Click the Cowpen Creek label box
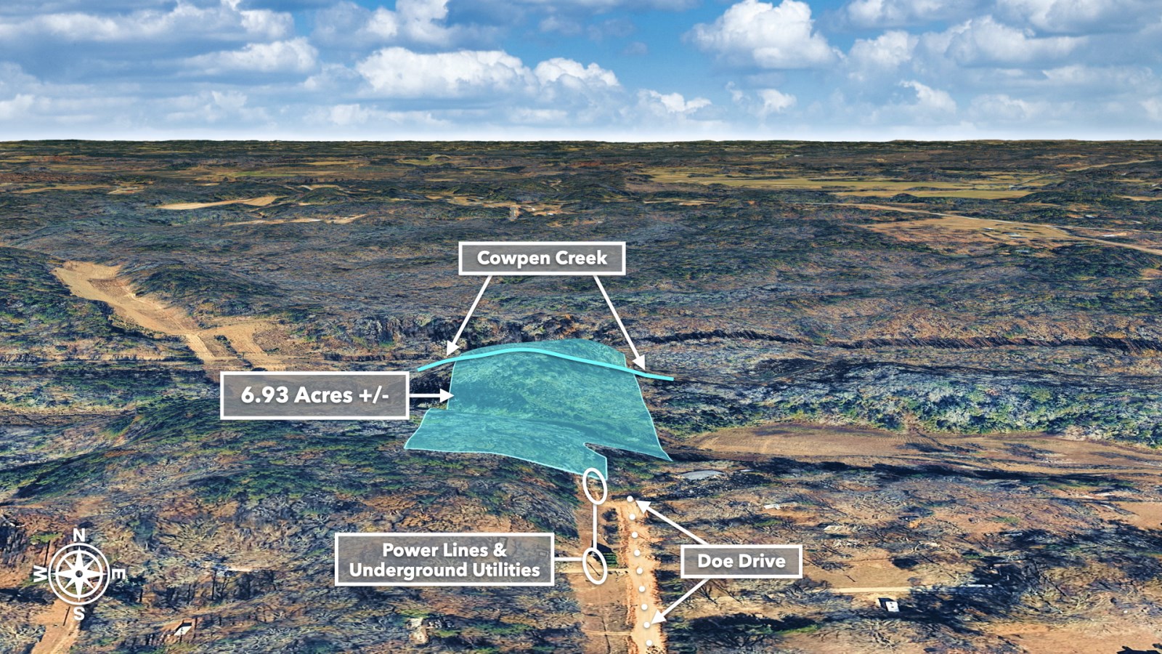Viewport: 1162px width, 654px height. (542, 258)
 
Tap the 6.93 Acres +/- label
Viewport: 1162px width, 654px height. (314, 395)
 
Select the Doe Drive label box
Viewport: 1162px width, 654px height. (741, 561)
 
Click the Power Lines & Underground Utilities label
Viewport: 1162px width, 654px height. (444, 560)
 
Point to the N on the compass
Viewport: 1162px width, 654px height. (79, 536)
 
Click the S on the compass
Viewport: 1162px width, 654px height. (78, 614)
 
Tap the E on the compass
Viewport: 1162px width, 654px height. (118, 574)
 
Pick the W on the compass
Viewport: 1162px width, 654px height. (40, 574)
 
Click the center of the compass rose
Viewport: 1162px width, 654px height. (78, 574)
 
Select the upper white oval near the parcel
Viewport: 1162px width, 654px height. (595, 485)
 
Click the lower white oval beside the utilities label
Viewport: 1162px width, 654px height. (595, 565)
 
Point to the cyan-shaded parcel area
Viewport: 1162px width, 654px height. (537, 407)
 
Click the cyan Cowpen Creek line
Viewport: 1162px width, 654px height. (537, 351)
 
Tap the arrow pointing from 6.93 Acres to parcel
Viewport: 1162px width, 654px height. (431, 396)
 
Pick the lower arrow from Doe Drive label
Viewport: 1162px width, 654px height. (680, 600)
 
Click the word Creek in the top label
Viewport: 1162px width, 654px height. (580, 258)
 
